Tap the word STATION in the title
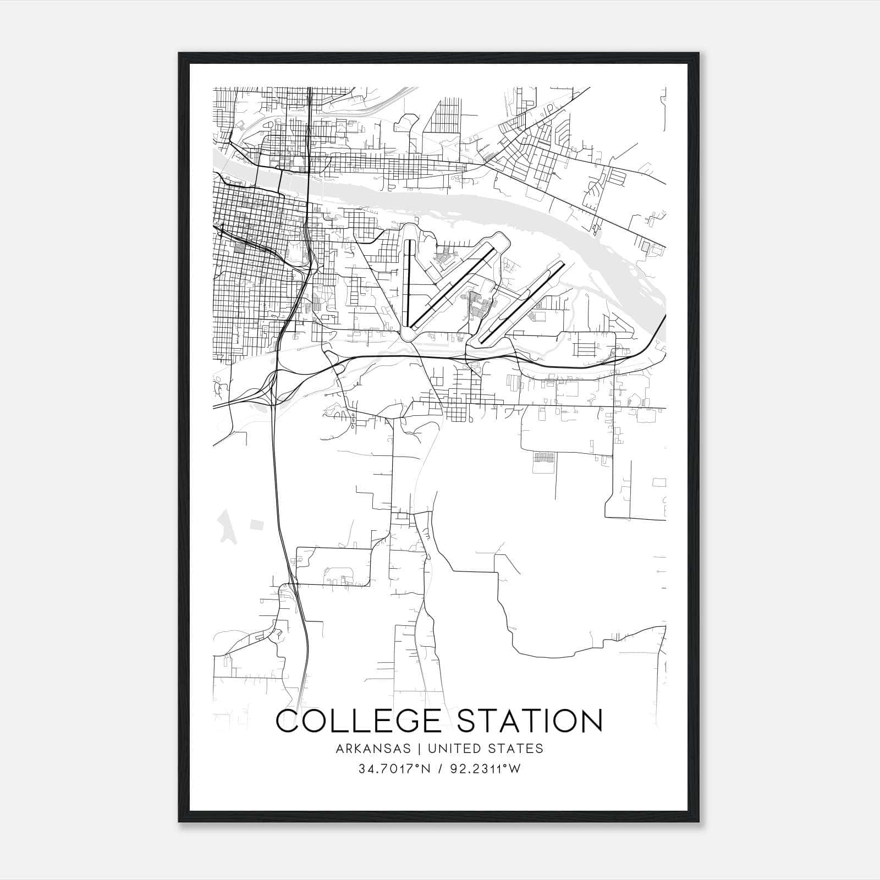pyautogui.click(x=530, y=722)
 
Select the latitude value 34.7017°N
pyautogui.click(x=388, y=769)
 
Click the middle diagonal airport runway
pyautogui.click(x=454, y=286)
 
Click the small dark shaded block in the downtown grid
pyautogui.click(x=239, y=248)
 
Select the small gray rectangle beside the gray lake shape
pyautogui.click(x=256, y=524)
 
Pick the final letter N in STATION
pyautogui.click(x=590, y=722)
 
